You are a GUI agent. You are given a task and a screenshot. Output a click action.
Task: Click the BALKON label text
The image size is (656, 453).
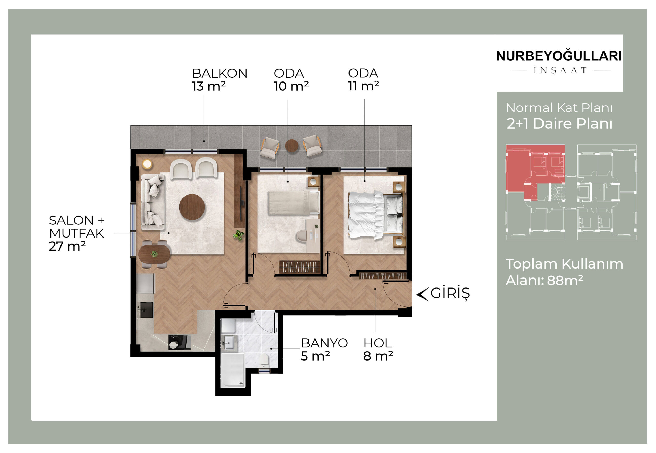219,73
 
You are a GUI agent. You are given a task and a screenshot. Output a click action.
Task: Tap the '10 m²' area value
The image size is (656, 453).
291,86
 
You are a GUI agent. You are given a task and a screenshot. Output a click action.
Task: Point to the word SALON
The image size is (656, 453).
71,220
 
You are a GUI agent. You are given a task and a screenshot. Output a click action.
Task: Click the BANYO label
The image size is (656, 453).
324,343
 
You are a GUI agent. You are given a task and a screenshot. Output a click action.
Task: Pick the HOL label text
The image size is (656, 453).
377,343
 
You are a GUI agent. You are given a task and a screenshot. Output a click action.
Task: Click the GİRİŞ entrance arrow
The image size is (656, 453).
422,294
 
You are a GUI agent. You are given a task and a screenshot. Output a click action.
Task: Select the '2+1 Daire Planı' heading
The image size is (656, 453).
559,123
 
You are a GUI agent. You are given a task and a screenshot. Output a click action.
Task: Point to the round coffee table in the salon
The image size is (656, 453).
192,207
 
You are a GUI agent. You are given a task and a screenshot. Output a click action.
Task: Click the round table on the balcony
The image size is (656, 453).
292,146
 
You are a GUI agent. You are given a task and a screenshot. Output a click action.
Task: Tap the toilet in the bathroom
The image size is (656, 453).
264,360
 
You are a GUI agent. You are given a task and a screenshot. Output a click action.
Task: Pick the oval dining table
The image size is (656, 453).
154,254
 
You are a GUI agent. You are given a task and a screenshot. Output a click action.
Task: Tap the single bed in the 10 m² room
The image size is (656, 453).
293,203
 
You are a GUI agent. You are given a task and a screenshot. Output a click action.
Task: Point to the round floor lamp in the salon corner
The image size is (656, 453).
147,164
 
